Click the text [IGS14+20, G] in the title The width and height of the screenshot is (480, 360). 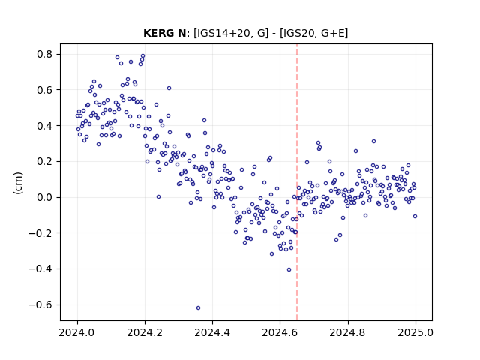(231, 33)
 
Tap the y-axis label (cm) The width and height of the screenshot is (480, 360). (18, 183)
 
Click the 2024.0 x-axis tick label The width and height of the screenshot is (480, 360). (77, 332)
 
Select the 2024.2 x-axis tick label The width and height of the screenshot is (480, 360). (145, 332)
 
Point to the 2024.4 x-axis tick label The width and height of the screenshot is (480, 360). (212, 332)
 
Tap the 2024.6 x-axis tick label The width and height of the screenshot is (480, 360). (280, 332)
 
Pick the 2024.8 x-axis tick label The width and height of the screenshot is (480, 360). (348, 332)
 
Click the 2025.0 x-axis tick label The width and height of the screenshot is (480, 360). (415, 332)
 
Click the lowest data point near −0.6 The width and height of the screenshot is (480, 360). (198, 308)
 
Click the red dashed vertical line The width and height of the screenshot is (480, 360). (297, 182)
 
